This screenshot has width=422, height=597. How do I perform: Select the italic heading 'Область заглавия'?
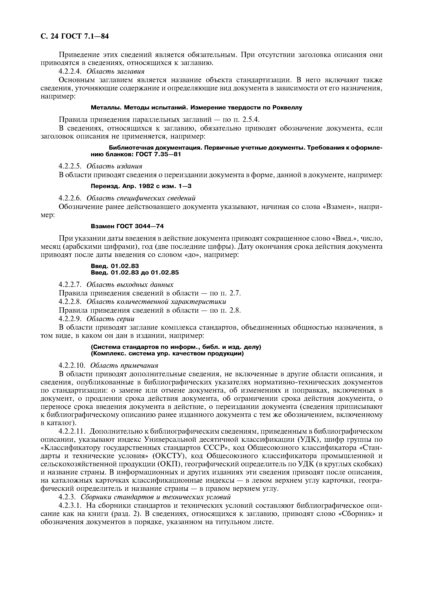(115, 71)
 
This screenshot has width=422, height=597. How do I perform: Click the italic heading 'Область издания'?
(114, 166)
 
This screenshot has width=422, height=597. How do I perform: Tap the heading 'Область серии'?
(110, 319)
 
